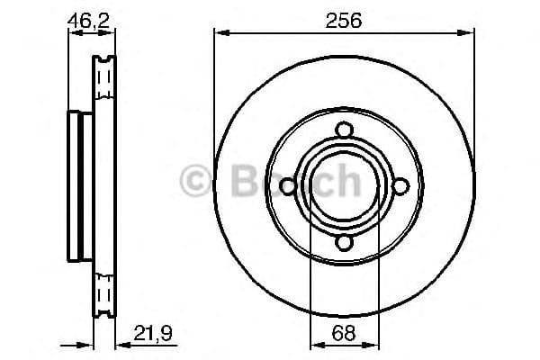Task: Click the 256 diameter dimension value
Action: [344, 20]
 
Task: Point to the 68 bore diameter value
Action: [343, 332]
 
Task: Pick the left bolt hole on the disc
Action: [287, 186]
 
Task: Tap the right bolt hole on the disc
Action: [400, 186]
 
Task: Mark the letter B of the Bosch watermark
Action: [235, 183]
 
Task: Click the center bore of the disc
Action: [343, 186]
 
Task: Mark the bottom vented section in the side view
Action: [105, 292]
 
